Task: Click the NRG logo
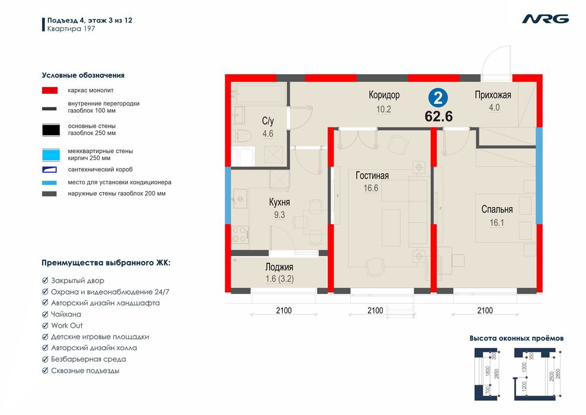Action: (545, 19)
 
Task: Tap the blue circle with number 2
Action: (438, 98)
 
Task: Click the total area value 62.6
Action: (438, 116)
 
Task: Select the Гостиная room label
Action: (372, 175)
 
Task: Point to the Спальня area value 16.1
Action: (497, 223)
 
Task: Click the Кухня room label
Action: (279, 202)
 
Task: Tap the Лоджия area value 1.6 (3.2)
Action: (279, 279)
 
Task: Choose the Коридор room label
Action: (384, 95)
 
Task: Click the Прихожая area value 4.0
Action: (494, 108)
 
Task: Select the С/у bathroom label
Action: (268, 121)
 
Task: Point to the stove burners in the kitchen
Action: (240, 235)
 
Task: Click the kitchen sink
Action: (240, 199)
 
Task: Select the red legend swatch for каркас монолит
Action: (50, 91)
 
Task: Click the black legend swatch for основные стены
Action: (51, 130)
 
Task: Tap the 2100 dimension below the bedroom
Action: (485, 310)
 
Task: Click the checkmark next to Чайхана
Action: (45, 314)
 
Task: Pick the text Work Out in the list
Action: (66, 325)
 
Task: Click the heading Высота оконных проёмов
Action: (517, 339)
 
